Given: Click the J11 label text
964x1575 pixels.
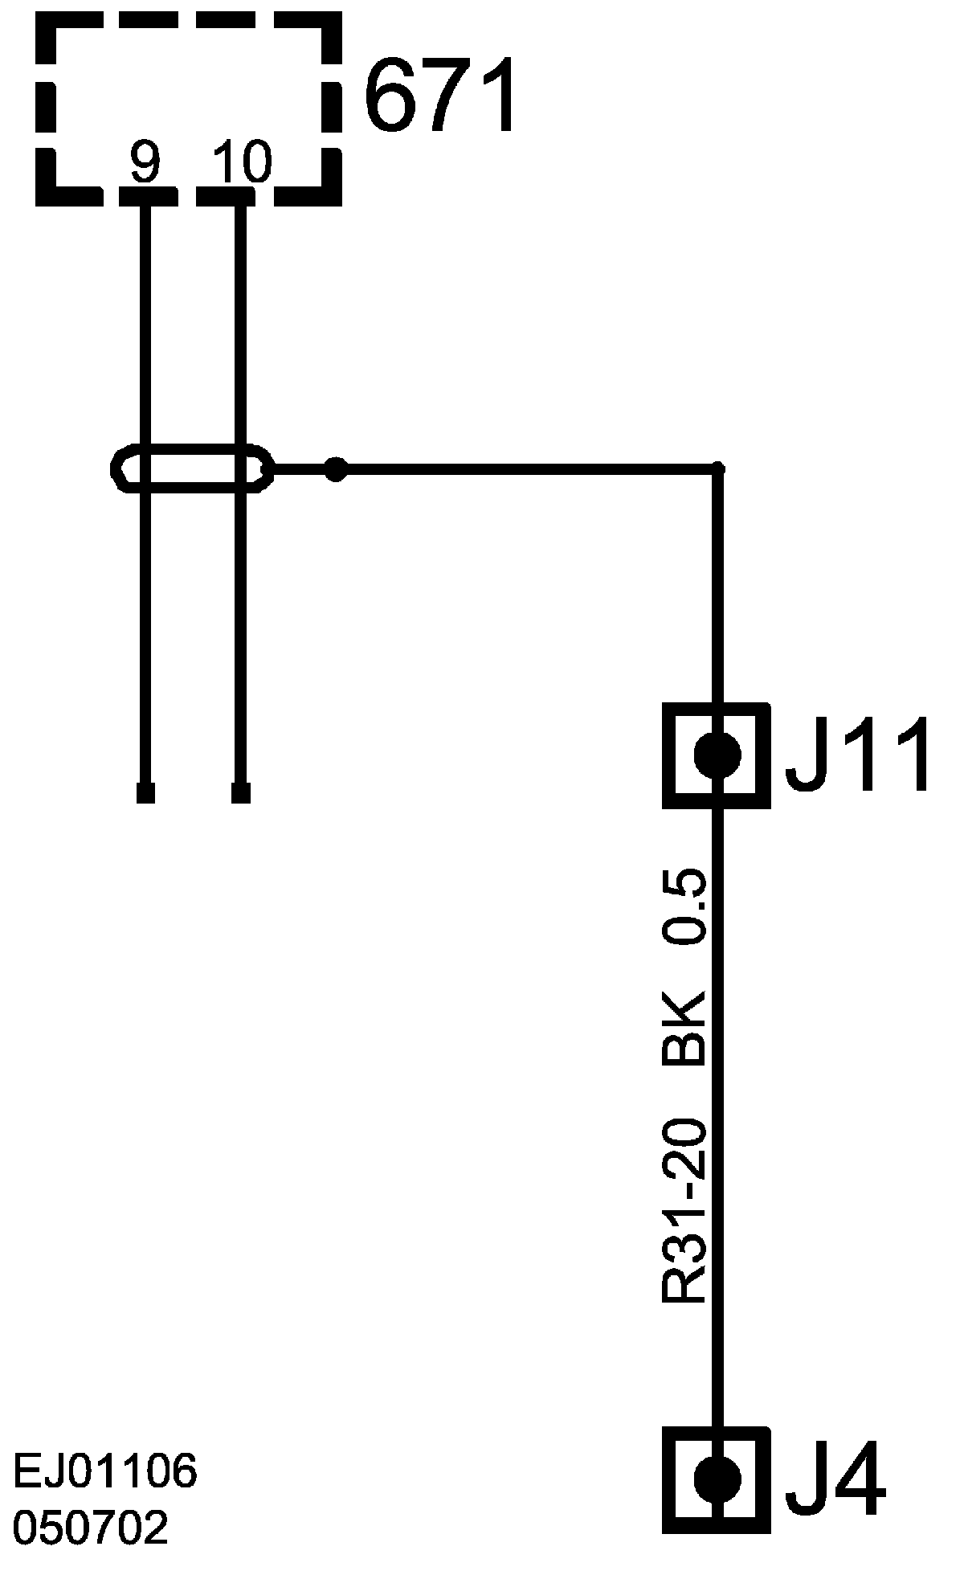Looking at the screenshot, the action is (858, 755).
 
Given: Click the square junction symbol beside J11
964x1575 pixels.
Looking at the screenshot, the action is (717, 755).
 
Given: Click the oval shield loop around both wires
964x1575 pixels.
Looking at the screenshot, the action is (193, 468).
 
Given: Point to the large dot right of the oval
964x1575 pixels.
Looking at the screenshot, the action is (336, 469).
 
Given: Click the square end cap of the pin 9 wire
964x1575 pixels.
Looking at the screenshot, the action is (145, 793).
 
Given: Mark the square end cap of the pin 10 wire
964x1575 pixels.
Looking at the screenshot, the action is (240, 793).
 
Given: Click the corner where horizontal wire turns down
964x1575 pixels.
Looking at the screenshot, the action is (718, 468).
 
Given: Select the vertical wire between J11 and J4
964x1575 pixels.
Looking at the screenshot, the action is (718, 1125).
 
